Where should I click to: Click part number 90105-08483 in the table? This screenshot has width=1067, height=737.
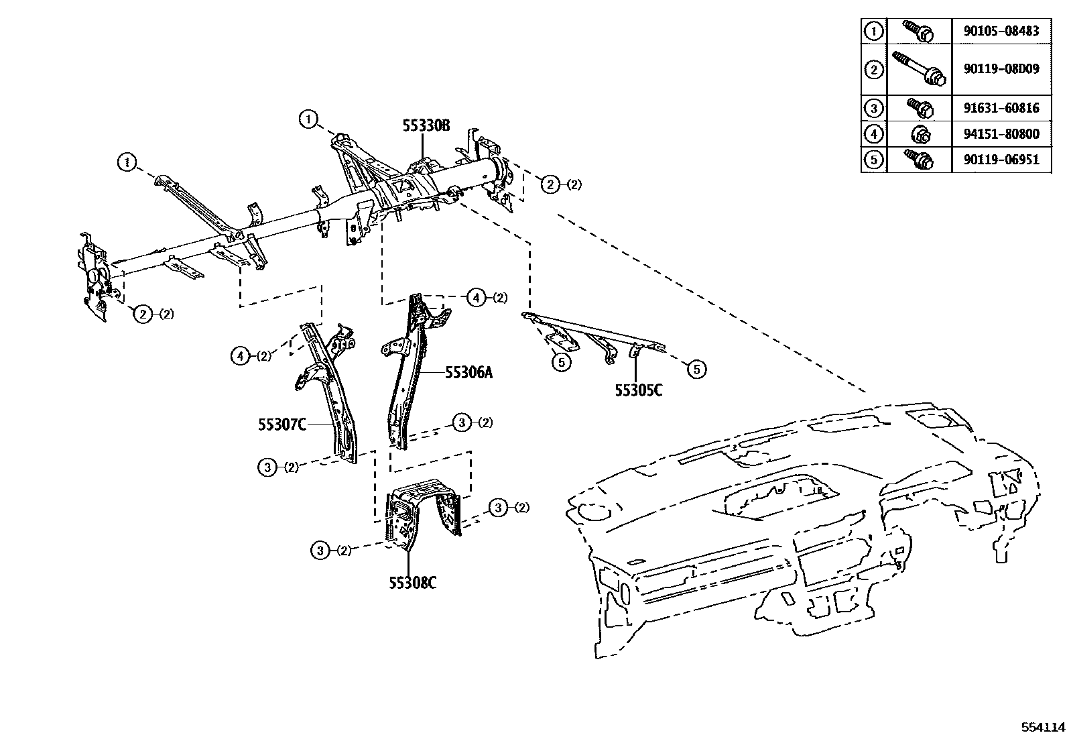point(1002,31)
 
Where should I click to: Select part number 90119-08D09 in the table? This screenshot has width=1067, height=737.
point(1002,69)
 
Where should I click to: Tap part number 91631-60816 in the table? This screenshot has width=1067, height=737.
point(1002,107)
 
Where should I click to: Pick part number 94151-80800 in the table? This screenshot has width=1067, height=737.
point(1002,133)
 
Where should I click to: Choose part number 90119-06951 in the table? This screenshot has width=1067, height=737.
point(1002,160)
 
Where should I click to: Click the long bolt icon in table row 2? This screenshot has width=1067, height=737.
point(919,69)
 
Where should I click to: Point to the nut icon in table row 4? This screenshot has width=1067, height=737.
point(920,134)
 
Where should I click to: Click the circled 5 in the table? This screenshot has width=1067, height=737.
point(873,160)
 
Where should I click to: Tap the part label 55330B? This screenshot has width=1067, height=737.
point(426,125)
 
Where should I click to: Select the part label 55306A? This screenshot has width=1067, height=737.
point(468,372)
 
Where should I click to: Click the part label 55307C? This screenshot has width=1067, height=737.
point(282,424)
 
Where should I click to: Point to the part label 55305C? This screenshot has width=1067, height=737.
point(639,390)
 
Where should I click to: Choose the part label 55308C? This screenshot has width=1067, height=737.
point(413,583)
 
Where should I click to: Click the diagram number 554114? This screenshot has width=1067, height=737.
point(1043,727)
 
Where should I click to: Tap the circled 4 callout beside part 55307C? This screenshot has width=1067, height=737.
point(240,356)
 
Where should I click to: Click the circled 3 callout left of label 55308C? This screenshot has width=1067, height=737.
point(320,551)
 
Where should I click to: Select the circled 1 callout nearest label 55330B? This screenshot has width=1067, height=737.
point(308,120)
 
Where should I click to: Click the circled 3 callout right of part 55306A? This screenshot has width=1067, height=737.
point(462,422)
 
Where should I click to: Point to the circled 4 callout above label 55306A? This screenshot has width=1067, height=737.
point(476,297)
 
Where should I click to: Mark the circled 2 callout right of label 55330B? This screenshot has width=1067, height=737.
point(550,184)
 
